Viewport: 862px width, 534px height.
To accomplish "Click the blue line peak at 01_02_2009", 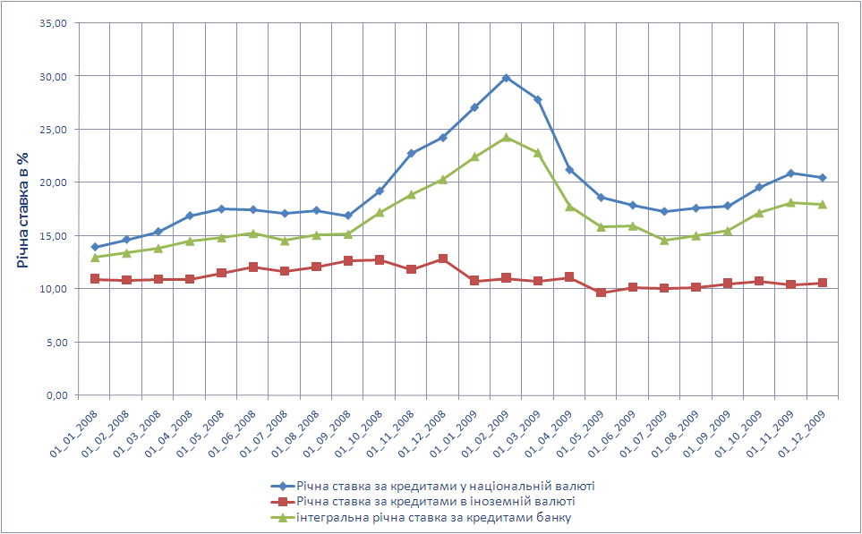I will (x=506, y=78).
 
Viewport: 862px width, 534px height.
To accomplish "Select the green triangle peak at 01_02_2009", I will (x=506, y=137).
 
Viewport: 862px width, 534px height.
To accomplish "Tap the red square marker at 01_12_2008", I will (x=443, y=259).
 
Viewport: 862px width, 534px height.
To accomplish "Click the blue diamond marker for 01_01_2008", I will (x=95, y=247).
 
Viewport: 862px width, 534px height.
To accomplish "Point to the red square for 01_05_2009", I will (x=601, y=292).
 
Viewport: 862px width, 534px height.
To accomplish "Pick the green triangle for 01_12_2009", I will (x=822, y=204).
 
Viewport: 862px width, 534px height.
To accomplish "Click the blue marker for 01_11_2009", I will (x=790, y=174).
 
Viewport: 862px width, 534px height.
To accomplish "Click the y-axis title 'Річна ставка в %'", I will (x=22, y=209).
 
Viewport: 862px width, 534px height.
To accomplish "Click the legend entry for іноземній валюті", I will (x=435, y=501).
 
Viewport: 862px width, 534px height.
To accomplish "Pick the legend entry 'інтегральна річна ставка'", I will (x=433, y=516).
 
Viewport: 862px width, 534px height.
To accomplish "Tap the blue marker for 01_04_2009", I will (x=569, y=170).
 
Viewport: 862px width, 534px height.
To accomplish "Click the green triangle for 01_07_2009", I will (x=664, y=240).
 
